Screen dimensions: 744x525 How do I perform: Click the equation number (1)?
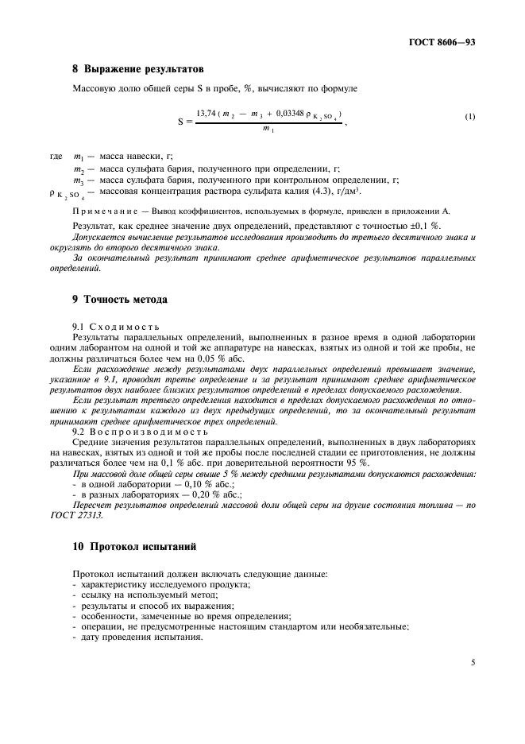pyautogui.click(x=470, y=118)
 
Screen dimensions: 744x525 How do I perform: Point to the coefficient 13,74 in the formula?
pyautogui.click(x=208, y=114)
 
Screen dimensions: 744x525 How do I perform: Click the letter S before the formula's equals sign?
pyautogui.click(x=181, y=122)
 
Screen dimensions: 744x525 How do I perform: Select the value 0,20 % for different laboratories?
pyautogui.click(x=195, y=494)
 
